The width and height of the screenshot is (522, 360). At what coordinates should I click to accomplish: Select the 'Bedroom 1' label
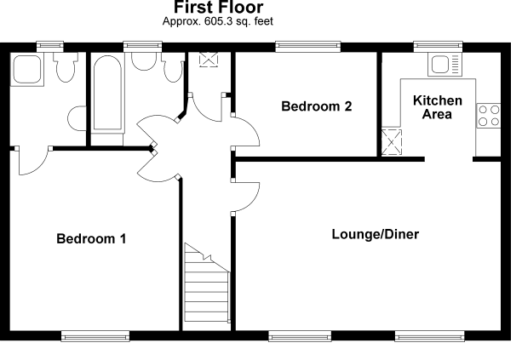tap(91, 239)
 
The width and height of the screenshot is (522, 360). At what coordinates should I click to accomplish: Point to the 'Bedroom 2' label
tap(317, 106)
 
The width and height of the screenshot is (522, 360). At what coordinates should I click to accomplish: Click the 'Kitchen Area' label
tap(438, 107)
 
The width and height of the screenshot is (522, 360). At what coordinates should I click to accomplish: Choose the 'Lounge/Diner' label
tap(376, 234)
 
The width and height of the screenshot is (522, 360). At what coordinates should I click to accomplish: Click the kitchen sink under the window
tap(443, 65)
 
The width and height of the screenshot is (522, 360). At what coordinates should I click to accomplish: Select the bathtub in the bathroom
tap(107, 94)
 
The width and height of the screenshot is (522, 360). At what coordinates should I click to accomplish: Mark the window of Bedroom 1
tap(95, 337)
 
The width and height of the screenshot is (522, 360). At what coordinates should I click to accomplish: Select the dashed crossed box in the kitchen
tap(393, 140)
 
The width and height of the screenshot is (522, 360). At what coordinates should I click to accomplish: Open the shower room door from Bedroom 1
tap(32, 159)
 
